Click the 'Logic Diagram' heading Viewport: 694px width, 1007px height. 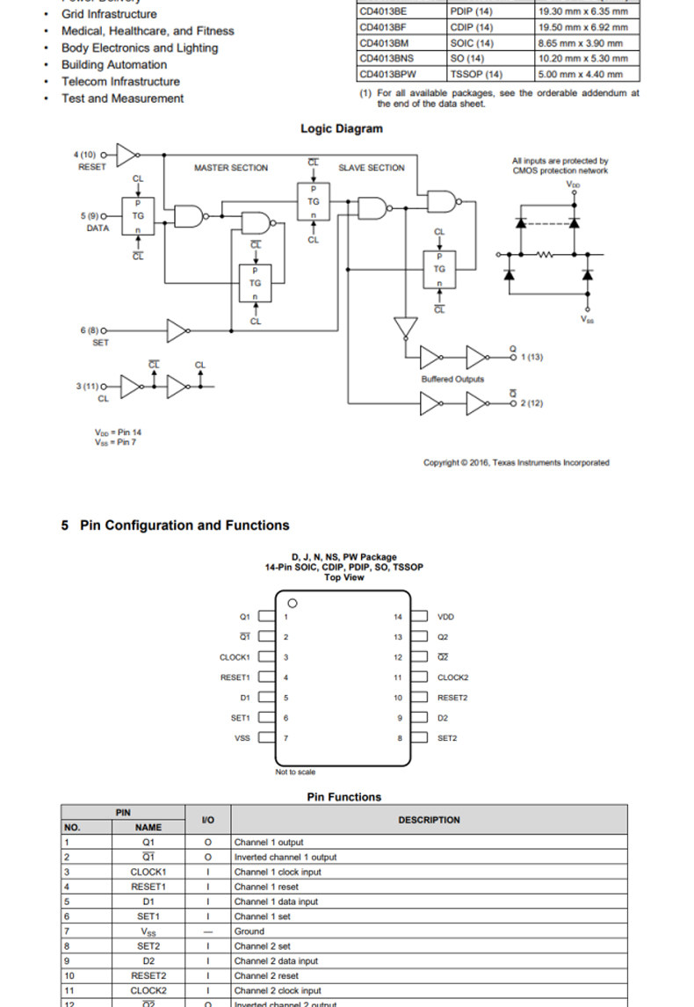click(x=342, y=128)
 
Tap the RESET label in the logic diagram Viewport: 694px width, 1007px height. click(x=91, y=167)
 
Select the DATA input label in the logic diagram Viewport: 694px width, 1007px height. click(x=98, y=228)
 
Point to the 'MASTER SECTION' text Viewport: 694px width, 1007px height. click(x=231, y=168)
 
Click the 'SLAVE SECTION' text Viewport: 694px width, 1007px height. click(x=372, y=168)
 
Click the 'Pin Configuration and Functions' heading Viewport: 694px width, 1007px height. click(x=184, y=525)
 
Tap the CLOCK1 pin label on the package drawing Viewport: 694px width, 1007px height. click(x=235, y=657)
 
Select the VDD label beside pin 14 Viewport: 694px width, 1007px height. click(x=446, y=617)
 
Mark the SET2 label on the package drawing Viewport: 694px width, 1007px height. click(x=448, y=738)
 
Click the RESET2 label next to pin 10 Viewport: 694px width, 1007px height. click(x=453, y=698)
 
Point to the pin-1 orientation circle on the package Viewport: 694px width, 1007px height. click(x=293, y=604)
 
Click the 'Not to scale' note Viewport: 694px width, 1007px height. click(x=296, y=772)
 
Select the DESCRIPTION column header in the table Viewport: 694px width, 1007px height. click(x=429, y=820)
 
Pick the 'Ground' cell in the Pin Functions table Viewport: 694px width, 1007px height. click(x=249, y=931)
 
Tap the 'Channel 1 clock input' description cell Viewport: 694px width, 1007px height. click(x=278, y=872)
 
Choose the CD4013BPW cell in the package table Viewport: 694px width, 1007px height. click(x=387, y=74)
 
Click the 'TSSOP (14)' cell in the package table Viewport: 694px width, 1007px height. click(x=476, y=74)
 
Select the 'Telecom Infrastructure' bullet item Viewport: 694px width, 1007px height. click(x=120, y=82)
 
